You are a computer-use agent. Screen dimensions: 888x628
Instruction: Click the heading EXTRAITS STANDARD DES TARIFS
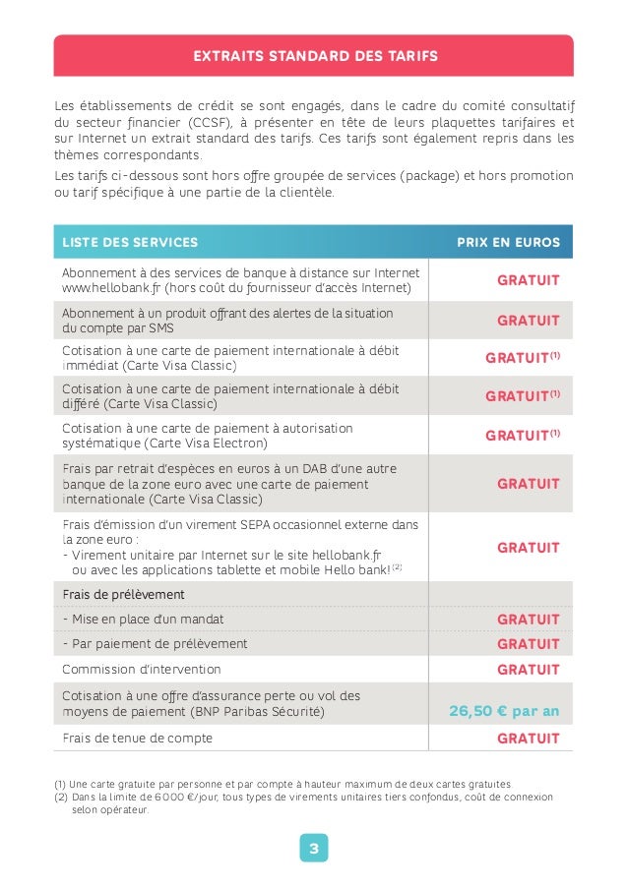tap(314, 56)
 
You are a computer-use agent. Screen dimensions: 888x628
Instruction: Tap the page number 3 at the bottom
tap(314, 848)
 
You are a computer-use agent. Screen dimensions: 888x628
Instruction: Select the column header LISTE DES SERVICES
tap(130, 242)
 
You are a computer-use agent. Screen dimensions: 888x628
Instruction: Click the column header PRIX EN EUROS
tap(508, 242)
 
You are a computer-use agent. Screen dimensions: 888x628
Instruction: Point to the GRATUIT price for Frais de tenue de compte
tap(528, 739)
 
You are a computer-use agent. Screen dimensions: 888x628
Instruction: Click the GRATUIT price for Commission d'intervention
tap(528, 670)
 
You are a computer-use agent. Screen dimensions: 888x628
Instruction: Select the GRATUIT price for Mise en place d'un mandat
tap(528, 621)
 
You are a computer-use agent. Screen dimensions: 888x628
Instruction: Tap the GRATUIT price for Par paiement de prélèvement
tap(528, 644)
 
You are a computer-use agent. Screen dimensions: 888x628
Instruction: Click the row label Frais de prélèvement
tap(123, 595)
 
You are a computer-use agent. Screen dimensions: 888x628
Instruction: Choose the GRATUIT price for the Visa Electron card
tap(522, 436)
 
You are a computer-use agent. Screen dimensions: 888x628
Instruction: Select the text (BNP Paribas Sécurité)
tap(256, 712)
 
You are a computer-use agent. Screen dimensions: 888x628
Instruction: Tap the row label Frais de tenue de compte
tap(137, 739)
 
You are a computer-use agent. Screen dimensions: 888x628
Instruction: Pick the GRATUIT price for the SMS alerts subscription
tap(528, 321)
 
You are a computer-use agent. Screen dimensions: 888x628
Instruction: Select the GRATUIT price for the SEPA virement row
tap(528, 548)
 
